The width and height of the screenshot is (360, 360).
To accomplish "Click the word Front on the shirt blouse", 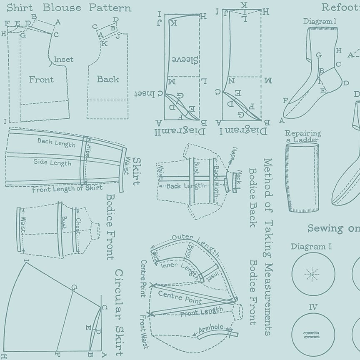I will click(41, 79).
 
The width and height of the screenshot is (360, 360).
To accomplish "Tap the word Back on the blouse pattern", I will click(108, 79).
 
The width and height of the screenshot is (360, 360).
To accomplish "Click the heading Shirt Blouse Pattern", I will click(69, 7).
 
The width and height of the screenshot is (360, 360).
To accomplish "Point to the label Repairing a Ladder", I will click(303, 136).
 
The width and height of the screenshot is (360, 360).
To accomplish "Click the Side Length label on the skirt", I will click(52, 162).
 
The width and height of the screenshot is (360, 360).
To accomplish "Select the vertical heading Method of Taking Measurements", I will click(268, 246).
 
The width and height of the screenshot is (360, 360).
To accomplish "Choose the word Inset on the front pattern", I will click(63, 60).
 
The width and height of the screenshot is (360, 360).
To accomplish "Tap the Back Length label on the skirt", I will click(57, 143).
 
